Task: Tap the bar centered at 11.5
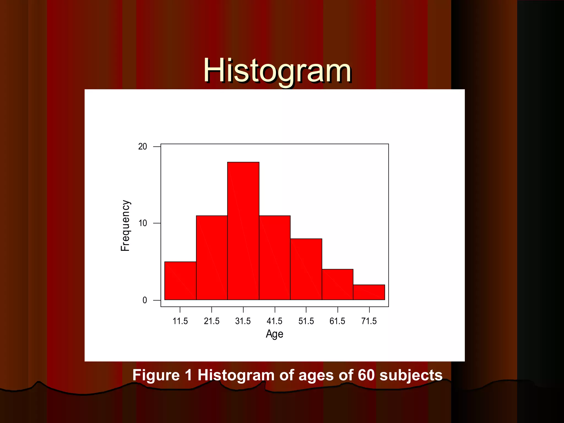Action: click(x=180, y=281)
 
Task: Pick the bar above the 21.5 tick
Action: click(x=211, y=257)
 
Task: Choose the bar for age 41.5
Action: click(x=275, y=257)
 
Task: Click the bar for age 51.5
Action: click(x=306, y=269)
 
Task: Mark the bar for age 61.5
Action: click(x=337, y=284)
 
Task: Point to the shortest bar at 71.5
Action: click(x=369, y=292)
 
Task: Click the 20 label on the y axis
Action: click(x=142, y=147)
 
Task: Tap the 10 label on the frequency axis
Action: click(x=142, y=223)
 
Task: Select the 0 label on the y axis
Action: click(x=145, y=300)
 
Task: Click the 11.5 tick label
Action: click(x=180, y=321)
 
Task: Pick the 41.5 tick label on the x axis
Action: click(x=275, y=321)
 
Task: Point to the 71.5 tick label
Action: click(x=369, y=321)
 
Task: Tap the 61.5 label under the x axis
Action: click(x=337, y=321)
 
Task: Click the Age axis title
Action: click(x=274, y=334)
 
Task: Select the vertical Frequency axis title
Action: click(x=125, y=226)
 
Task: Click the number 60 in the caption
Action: click(x=366, y=375)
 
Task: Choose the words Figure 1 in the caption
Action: click(x=162, y=375)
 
